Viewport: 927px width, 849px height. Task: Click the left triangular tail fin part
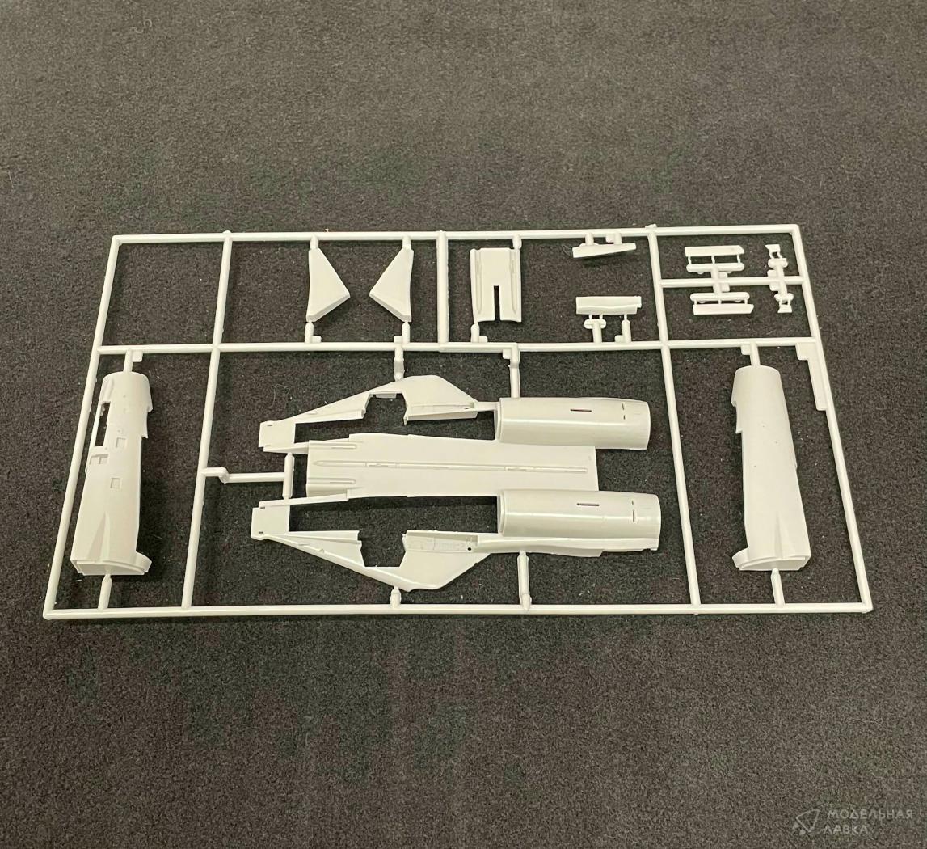[324, 286]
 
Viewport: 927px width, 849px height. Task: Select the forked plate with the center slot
[496, 284]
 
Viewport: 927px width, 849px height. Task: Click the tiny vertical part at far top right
[778, 275]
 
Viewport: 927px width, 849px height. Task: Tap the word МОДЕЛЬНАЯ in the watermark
[866, 817]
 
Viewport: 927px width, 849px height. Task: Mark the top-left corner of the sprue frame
[112, 237]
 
